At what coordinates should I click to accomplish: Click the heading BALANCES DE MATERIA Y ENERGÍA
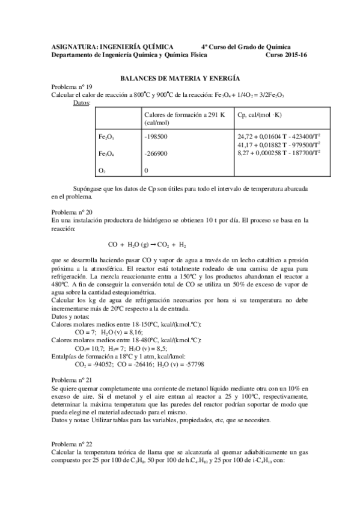[180, 78]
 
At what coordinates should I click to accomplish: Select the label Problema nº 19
[72, 87]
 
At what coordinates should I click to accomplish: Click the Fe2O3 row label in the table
[106, 137]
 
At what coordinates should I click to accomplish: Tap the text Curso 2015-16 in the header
[286, 54]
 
